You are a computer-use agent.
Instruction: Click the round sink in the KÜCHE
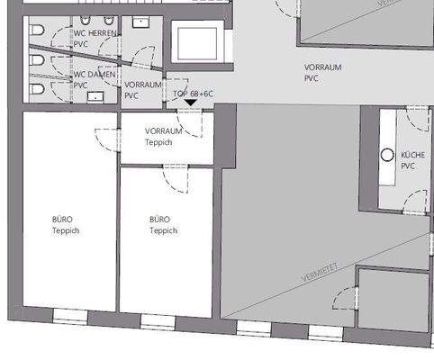click(388, 155)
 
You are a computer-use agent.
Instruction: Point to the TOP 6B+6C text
click(192, 93)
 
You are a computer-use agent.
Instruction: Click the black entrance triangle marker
click(189, 103)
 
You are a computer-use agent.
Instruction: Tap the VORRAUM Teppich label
click(164, 135)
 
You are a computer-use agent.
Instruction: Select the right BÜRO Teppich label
click(163, 224)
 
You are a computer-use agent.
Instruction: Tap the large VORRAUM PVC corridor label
click(322, 73)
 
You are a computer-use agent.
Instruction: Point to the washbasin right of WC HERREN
click(141, 21)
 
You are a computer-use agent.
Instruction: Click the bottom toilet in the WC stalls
click(36, 90)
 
